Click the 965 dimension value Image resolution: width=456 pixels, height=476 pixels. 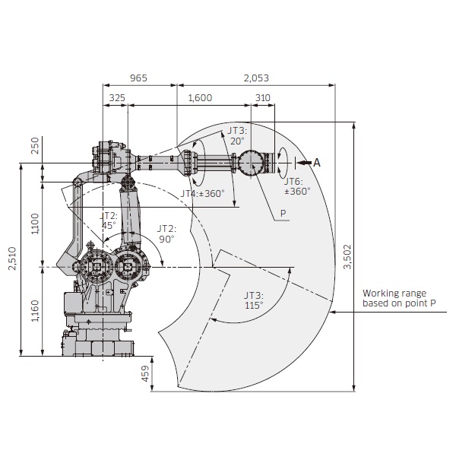click(138, 78)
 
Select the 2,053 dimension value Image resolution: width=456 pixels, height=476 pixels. click(256, 78)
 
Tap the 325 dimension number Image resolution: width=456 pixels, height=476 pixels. click(117, 98)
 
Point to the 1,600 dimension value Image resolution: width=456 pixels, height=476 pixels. click(200, 98)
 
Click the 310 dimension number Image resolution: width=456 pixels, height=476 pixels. click(263, 98)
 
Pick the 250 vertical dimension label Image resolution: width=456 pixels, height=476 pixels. click(35, 146)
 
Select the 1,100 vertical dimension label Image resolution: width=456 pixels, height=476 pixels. click(35, 224)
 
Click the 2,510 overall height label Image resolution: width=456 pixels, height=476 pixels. click(12, 259)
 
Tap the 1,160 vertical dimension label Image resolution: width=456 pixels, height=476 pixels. click(35, 311)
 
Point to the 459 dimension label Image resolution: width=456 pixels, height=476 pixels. click(146, 373)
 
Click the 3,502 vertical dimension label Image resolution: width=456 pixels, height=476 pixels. click(347, 257)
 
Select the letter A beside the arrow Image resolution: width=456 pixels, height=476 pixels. click(317, 163)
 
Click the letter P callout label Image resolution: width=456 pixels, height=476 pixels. click(283, 213)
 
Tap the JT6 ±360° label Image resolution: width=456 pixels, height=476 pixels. click(297, 186)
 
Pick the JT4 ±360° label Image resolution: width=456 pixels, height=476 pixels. click(203, 193)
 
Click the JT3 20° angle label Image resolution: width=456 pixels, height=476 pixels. click(238, 135)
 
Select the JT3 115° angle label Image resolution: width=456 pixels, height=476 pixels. click(254, 300)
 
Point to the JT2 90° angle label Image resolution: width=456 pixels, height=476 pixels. click(166, 233)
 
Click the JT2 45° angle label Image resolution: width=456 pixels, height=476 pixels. click(109, 221)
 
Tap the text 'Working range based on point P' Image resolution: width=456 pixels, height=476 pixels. click(399, 298)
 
